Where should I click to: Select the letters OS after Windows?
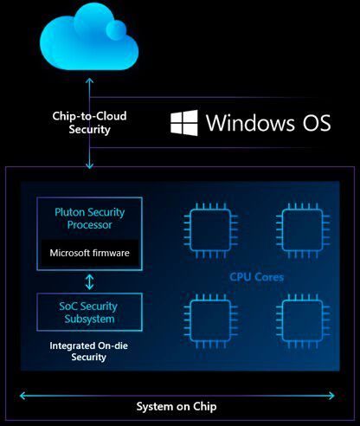coord(312,122)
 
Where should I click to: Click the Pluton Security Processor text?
coord(90,217)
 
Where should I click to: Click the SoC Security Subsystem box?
coord(90,312)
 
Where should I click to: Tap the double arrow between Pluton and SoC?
coord(90,281)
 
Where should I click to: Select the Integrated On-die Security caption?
coord(90,350)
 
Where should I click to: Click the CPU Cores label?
coord(257,277)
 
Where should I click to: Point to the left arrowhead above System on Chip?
coord(22,395)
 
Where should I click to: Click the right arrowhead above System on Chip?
coord(336,395)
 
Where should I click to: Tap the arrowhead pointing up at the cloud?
coord(89,79)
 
